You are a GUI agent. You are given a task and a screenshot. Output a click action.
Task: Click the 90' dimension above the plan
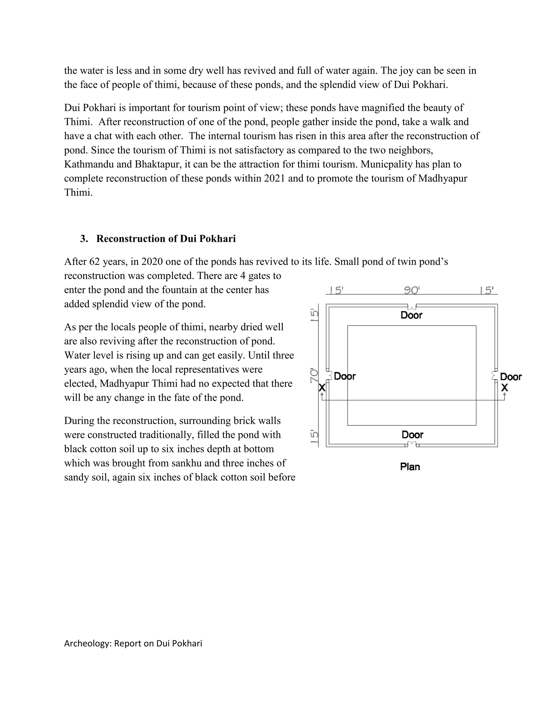[x=412, y=291]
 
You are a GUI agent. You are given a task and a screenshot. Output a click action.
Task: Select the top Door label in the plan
[x=411, y=315]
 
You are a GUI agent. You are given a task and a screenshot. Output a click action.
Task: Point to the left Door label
[x=345, y=376]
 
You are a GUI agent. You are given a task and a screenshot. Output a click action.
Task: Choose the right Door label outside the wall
[x=511, y=377]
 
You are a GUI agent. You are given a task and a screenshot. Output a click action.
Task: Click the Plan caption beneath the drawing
[x=410, y=467]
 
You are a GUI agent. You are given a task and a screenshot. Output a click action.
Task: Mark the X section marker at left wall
[x=322, y=388]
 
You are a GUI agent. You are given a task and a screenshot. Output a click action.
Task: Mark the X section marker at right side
[x=504, y=388]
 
